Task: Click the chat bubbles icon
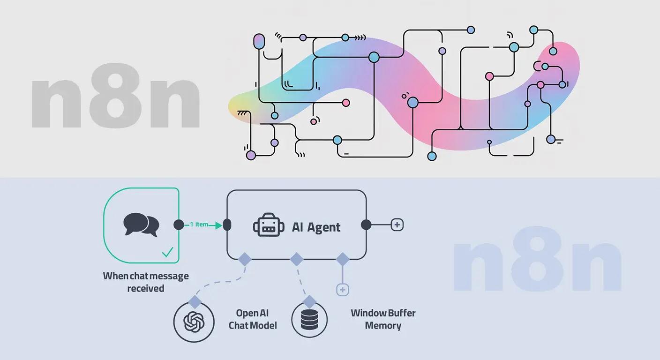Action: pos(141,225)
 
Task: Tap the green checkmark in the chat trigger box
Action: pos(167,253)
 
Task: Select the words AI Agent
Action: pos(316,227)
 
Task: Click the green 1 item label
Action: pos(199,225)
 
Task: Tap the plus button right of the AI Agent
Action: pos(397,225)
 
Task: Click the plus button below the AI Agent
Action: pos(343,290)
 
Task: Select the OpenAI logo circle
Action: pos(192,322)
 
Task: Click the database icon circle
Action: pos(309,320)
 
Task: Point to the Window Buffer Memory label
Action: pos(383,319)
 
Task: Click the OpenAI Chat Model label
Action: pos(253,319)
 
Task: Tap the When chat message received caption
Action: pos(146,282)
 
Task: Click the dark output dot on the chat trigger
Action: pos(179,225)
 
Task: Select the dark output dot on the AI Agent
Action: pos(366,225)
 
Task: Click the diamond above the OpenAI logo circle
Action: pos(195,301)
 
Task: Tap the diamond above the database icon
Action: pos(309,301)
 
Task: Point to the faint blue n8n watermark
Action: pos(537,265)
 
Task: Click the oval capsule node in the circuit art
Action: pos(259,41)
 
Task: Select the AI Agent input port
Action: pos(227,225)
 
